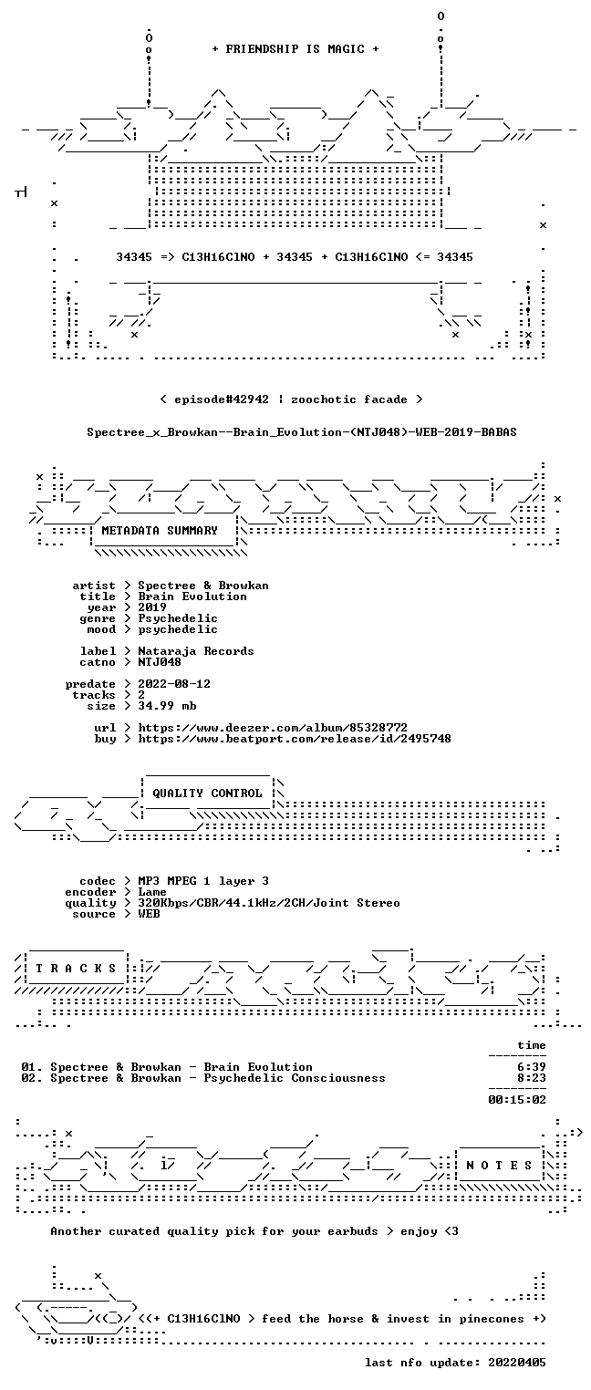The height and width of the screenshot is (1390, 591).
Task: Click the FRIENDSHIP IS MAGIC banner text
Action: tap(295, 49)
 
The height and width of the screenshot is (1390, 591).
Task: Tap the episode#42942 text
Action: tap(222, 399)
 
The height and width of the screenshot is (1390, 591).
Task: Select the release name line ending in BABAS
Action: tap(302, 432)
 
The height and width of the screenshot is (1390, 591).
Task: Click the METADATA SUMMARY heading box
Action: tap(164, 531)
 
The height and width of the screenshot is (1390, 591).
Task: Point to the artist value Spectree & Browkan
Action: tap(203, 586)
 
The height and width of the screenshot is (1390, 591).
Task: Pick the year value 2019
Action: tap(152, 607)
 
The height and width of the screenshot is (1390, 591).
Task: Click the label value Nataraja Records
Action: tap(195, 651)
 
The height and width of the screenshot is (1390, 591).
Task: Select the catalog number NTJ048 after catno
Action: tap(160, 662)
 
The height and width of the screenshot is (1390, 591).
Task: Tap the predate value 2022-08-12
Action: tap(174, 684)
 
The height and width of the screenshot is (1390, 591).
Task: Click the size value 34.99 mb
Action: tap(167, 706)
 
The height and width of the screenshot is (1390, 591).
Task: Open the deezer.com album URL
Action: tap(273, 728)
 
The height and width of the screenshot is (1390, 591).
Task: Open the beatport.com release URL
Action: tap(295, 739)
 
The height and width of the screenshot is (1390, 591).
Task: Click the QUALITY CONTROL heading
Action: tap(207, 794)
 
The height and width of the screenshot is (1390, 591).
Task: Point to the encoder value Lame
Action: tap(152, 892)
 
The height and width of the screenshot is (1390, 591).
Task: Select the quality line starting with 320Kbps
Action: tap(269, 904)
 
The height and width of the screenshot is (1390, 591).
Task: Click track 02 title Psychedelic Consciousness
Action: tap(295, 1078)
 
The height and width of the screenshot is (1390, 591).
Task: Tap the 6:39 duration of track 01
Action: tap(532, 1067)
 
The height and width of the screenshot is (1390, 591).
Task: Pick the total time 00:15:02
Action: tap(517, 1100)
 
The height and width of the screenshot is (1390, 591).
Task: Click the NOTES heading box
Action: tap(500, 1165)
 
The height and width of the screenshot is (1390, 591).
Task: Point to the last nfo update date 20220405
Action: tap(517, 1363)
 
